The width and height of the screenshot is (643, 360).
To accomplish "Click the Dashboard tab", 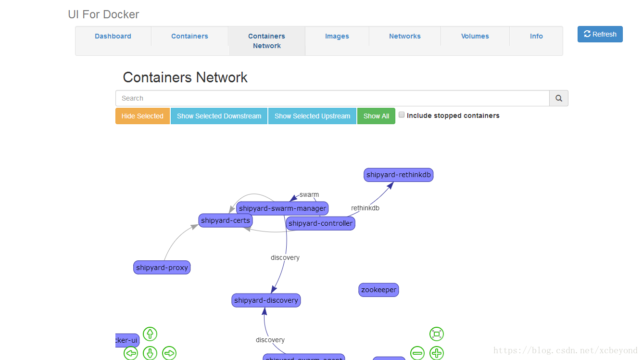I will coord(113,36).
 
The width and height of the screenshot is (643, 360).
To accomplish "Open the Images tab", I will coord(337,36).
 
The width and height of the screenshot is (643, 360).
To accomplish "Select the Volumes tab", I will coord(475,36).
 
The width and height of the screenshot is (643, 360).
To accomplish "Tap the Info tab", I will coord(536,36).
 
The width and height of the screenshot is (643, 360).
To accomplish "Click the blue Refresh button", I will coord(600,34).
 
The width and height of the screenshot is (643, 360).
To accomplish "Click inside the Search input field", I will coord(332,98).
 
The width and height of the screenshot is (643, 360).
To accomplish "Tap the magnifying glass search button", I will coord(559,98).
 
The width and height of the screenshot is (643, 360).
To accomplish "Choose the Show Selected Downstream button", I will coord(219,116).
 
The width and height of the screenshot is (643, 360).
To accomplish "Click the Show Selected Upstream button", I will coord(312,116).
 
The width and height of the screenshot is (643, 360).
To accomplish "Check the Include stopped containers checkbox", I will coord(402,115).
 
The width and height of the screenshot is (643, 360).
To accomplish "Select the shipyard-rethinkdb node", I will coord(398,175).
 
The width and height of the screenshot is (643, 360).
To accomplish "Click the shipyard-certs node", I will coord(225,220).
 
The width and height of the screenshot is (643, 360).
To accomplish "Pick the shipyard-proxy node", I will coord(162,268).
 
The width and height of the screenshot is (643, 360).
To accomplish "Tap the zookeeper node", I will coord(378,290).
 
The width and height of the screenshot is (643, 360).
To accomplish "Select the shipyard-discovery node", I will coord(266,300).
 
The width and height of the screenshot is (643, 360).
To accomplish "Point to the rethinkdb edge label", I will coord(365,208).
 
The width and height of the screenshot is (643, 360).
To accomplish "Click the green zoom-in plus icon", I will coord(436,353).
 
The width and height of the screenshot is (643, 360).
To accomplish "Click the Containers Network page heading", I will coord(185,77).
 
